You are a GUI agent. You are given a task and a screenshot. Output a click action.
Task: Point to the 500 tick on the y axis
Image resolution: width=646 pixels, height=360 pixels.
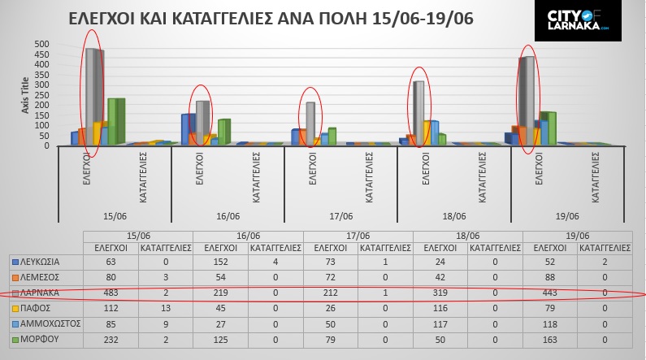pyautogui.click(x=41, y=44)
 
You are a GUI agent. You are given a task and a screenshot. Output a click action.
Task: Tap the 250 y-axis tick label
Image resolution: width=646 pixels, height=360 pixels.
pyautogui.click(x=41, y=95)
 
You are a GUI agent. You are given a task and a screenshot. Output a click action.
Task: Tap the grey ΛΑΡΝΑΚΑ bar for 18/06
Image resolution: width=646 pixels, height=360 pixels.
pyautogui.click(x=418, y=112)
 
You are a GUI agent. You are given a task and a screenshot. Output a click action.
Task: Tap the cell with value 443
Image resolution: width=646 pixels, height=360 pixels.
pyautogui.click(x=549, y=292)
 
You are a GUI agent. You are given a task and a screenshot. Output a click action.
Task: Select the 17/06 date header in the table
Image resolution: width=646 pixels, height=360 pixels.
pyautogui.click(x=358, y=236)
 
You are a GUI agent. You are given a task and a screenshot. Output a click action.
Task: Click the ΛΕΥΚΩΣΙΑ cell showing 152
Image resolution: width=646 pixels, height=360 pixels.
pyautogui.click(x=219, y=262)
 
